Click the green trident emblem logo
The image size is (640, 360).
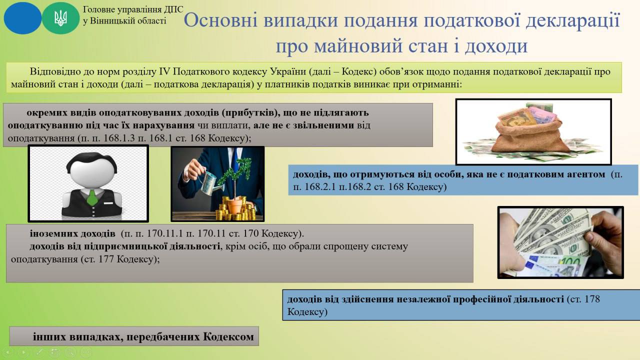pos(60,17)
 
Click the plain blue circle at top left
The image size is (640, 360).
pos(22,18)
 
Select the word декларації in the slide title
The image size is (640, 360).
pos(573,21)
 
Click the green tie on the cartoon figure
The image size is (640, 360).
pos(92,197)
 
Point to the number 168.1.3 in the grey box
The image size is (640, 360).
pos(119,138)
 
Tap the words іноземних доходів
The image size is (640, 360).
pos(72,233)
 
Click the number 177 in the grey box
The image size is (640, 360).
pos(107,259)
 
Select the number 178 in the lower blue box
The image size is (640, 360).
pos(592,299)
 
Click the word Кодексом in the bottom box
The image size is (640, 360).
pos(228,337)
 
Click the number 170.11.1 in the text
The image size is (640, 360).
pos(164,233)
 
